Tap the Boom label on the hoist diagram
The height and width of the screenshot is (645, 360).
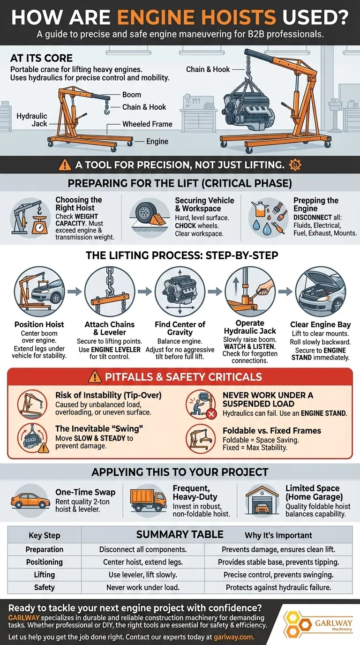[132, 95]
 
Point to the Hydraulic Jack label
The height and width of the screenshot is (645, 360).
[32, 120]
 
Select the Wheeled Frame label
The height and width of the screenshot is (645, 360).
[147, 124]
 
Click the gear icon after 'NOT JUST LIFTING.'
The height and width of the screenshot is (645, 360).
[295, 165]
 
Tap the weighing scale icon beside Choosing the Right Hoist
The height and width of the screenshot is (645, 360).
[39, 225]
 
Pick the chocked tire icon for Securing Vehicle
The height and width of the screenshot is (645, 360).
[150, 215]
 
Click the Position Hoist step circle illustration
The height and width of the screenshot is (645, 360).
[39, 292]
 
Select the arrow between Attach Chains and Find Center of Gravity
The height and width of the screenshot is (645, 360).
[145, 292]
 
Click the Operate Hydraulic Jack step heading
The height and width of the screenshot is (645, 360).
[250, 327]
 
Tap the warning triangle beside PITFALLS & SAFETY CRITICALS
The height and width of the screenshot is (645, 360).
[95, 376]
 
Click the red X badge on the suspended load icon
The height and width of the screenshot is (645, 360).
[211, 414]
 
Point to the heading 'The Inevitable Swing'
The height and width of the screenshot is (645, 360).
[99, 429]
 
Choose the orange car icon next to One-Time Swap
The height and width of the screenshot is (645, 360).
[30, 501]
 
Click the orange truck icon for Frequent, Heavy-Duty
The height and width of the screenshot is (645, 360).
[148, 501]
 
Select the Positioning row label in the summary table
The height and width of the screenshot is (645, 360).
[45, 562]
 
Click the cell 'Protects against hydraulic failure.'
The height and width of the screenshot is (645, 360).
[278, 587]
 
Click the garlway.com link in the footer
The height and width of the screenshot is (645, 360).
[234, 637]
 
